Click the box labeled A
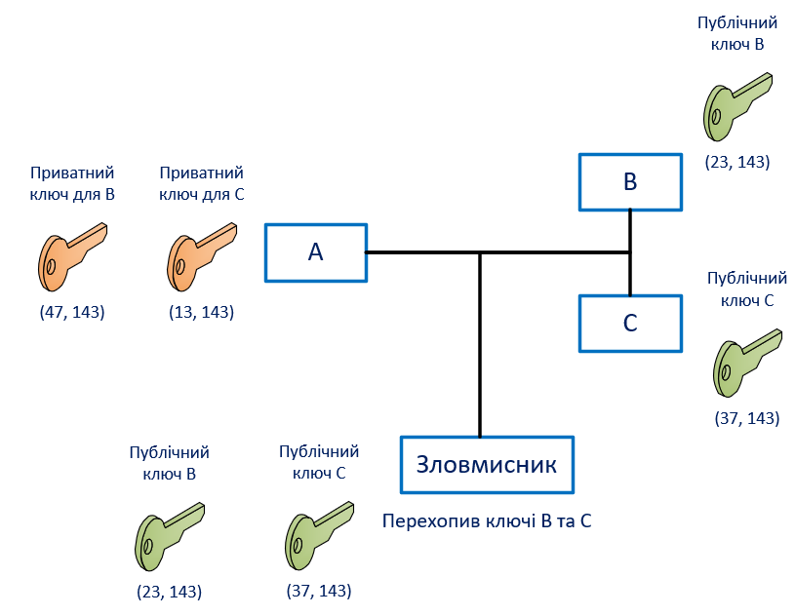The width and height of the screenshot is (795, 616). click(316, 252)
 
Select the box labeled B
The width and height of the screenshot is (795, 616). click(629, 181)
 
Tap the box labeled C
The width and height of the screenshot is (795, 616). click(629, 323)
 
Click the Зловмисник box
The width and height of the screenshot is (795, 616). click(487, 464)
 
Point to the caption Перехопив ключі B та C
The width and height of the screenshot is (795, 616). click(487, 520)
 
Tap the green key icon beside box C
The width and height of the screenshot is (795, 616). click(748, 362)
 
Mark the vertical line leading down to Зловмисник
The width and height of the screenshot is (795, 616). click(480, 341)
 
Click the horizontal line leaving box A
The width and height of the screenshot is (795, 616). click(419, 252)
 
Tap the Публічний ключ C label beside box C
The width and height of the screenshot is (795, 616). click(740, 289)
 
